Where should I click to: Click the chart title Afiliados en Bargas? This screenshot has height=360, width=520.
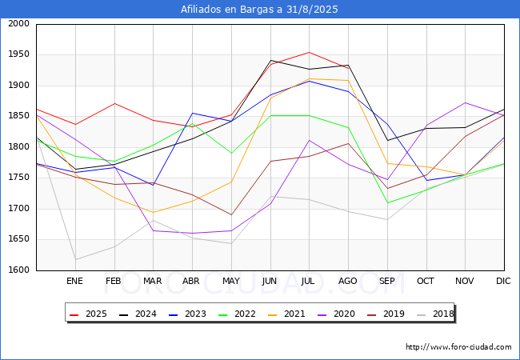click(259, 10)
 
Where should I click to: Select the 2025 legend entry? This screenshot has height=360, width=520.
click(88, 314)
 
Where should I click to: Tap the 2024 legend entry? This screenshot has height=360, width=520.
click(138, 314)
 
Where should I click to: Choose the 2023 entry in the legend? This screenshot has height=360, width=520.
click(187, 314)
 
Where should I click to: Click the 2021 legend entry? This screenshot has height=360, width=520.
click(286, 314)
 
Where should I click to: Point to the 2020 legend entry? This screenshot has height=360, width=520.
click(336, 314)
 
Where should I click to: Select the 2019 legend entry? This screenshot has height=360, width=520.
click(386, 314)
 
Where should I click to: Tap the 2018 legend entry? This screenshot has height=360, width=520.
click(435, 314)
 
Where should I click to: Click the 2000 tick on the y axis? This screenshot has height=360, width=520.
click(19, 23)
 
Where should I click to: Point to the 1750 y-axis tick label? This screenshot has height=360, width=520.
click(19, 178)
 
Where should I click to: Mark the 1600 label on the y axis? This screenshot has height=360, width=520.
click(19, 270)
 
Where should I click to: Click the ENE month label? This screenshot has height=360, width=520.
click(74, 281)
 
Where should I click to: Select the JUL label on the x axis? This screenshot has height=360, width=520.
click(308, 281)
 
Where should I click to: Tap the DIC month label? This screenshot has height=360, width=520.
click(503, 281)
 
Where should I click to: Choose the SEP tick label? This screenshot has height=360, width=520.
click(386, 281)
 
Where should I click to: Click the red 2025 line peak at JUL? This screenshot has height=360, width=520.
click(309, 52)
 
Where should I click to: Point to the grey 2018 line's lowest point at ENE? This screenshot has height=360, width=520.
click(76, 259)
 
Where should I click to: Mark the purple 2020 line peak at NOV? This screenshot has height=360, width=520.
click(466, 102)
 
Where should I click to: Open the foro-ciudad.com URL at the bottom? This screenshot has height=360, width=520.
click(458, 347)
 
